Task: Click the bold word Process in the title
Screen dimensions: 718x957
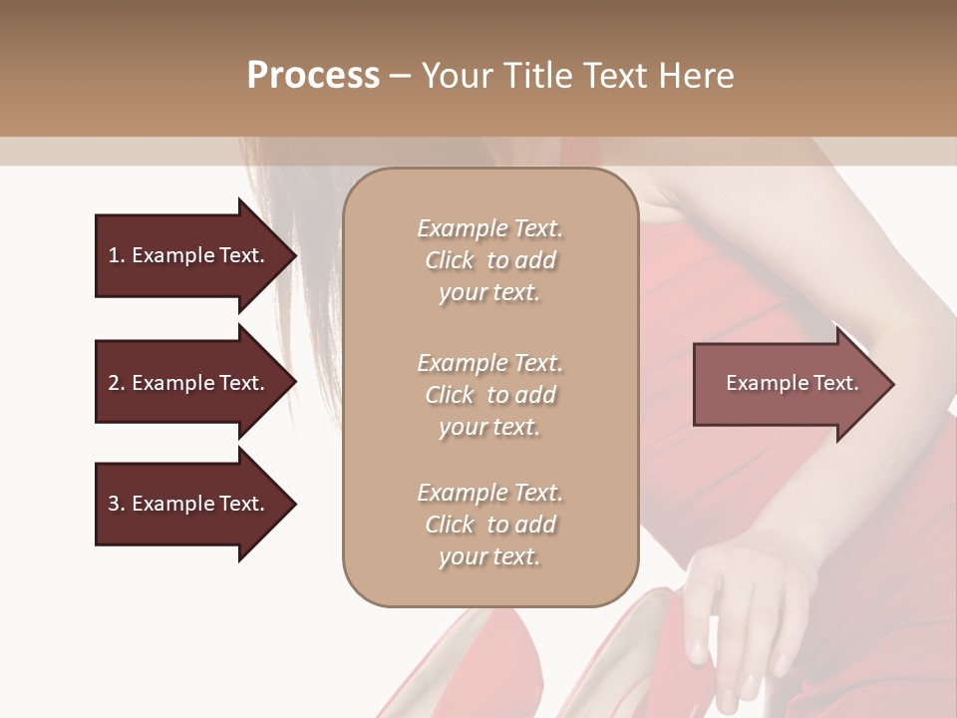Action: coord(313,75)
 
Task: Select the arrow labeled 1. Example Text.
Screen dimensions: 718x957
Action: coord(186,255)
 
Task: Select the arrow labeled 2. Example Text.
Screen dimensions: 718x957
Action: coord(186,383)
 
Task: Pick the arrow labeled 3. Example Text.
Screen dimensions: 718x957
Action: coord(186,504)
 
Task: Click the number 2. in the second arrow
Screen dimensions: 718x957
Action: coord(117,383)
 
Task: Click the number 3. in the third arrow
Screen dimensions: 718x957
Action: coord(117,504)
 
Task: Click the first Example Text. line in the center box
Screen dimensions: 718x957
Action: coord(489,228)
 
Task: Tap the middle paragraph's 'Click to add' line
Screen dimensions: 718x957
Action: coord(489,395)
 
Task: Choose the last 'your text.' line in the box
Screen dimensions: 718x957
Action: coord(489,556)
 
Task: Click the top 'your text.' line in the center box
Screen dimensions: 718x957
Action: coord(489,292)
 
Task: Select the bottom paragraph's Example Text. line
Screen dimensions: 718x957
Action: coord(489,493)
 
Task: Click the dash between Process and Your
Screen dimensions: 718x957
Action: coord(401,76)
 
